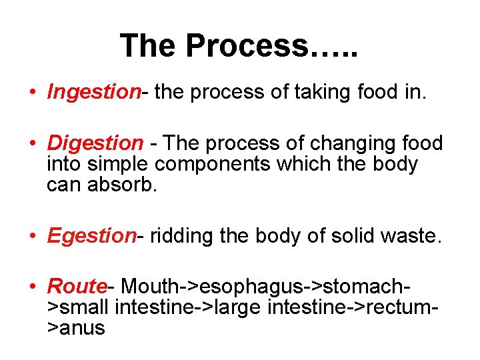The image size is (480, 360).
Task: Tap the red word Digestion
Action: (x=95, y=143)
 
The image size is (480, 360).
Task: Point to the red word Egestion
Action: (x=91, y=235)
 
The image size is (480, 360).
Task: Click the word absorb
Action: (x=123, y=185)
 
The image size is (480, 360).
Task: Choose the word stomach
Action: (x=363, y=287)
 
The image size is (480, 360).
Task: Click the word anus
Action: (x=82, y=328)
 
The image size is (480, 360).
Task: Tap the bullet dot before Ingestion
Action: (x=33, y=93)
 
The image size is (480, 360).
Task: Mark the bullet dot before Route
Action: (x=33, y=287)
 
